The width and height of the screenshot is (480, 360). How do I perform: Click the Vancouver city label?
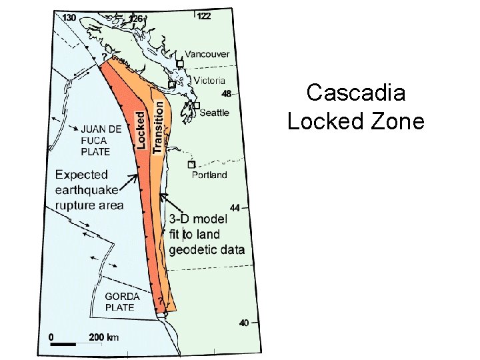click(207, 54)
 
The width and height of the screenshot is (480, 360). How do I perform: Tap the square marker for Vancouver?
click(180, 64)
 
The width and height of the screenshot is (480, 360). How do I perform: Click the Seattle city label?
click(215, 113)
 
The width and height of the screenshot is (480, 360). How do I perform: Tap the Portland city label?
click(209, 175)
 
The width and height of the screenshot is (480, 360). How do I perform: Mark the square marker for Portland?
click(191, 164)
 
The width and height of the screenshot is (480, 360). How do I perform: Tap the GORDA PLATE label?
click(123, 301)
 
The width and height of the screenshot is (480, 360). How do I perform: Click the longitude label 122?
click(203, 16)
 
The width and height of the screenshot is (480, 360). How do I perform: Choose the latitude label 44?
click(234, 208)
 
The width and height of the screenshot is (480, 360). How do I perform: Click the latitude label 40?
click(243, 323)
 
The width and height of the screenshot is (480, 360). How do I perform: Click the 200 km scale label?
click(103, 337)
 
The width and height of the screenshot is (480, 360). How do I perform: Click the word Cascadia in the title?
click(355, 93)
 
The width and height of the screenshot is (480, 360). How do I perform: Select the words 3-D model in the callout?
click(197, 219)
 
